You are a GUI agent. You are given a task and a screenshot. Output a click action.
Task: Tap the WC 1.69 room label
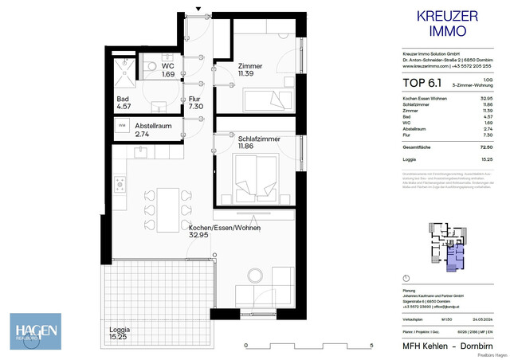point(167,70)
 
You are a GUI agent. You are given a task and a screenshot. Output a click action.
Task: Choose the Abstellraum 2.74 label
point(153,131)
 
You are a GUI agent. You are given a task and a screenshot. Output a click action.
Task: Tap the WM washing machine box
point(122,126)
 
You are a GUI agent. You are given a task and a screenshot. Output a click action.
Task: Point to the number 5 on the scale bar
point(371,346)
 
